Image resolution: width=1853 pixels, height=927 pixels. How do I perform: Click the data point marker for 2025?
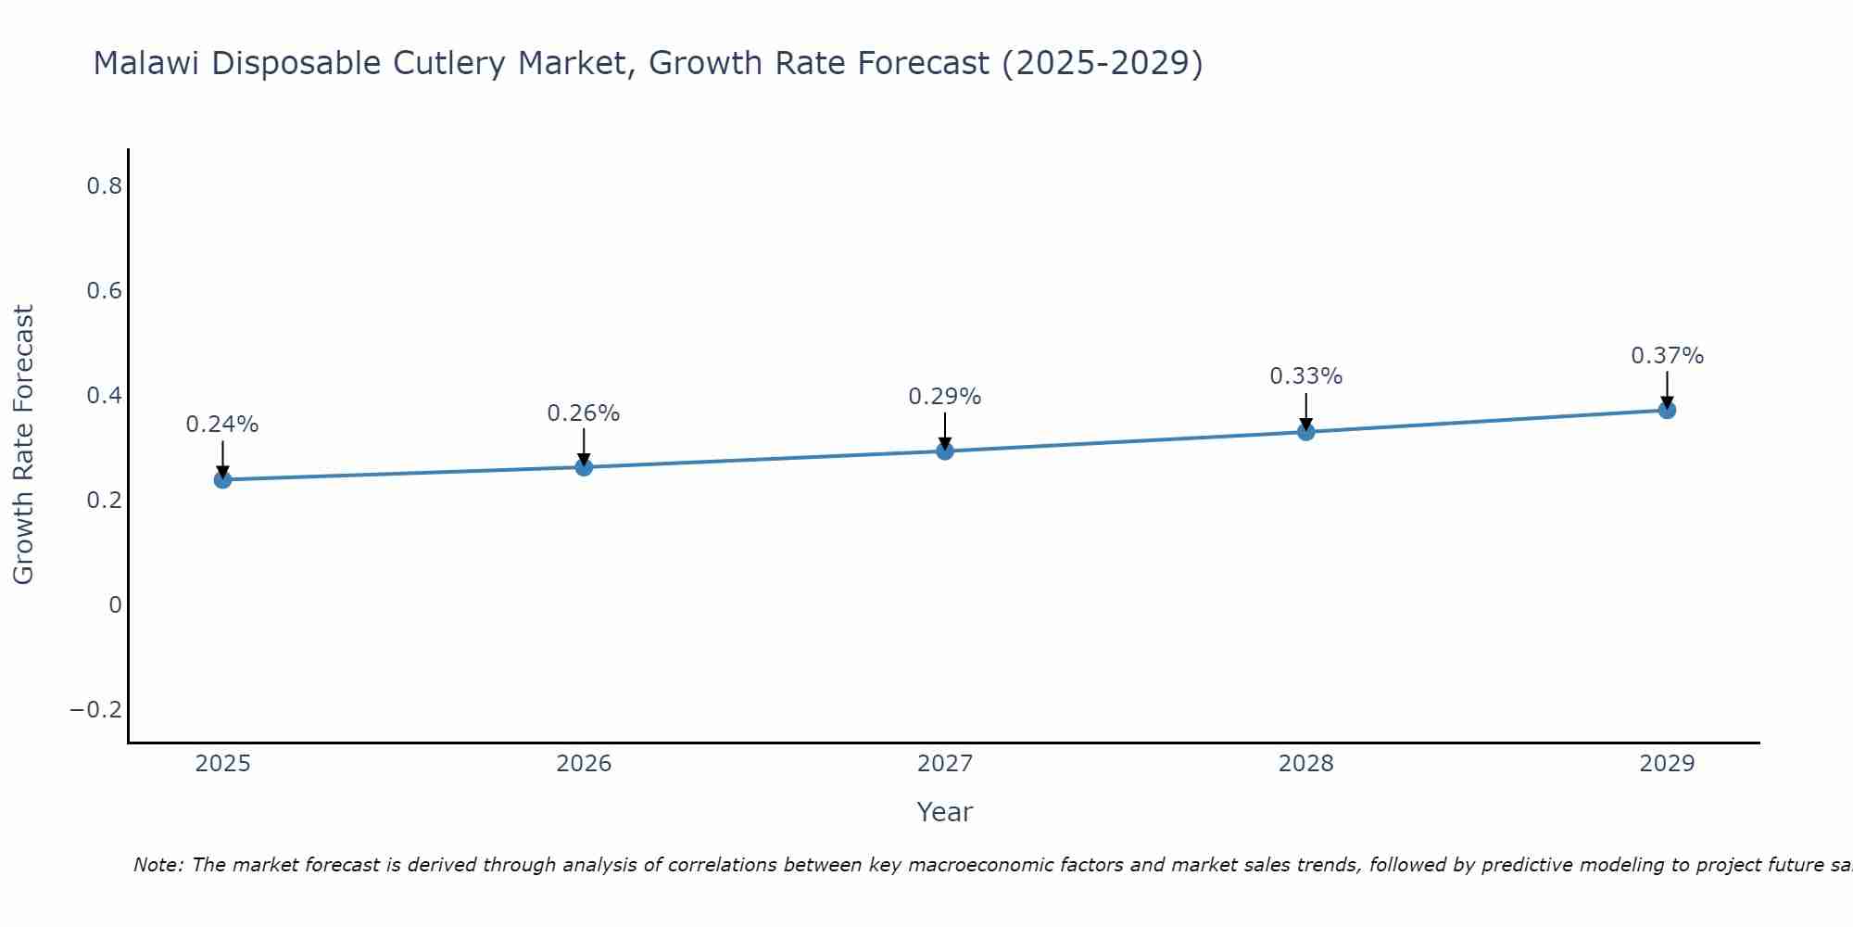(222, 479)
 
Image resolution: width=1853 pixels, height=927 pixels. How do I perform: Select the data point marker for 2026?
(584, 467)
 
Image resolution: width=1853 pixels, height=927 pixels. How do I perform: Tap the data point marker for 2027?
(945, 451)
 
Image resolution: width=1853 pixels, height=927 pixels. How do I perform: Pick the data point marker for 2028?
(1305, 432)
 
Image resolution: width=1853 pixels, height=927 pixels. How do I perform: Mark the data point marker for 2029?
(1667, 410)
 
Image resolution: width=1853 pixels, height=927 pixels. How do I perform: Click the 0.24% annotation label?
(222, 425)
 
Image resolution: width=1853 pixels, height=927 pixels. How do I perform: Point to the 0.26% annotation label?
(584, 413)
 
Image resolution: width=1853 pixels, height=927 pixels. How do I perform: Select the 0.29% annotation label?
(945, 397)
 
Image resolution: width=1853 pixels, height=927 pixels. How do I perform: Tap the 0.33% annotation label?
(1305, 376)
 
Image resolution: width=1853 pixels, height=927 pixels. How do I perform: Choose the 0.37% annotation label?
(1667, 356)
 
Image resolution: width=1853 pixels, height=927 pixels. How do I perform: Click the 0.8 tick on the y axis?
(105, 186)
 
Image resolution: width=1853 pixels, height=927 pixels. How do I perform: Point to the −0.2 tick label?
(96, 710)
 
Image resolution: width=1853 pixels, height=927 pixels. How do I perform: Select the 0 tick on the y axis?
(115, 605)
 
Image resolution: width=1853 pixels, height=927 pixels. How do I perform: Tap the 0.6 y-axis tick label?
(105, 291)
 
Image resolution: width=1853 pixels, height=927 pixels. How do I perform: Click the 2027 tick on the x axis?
(945, 764)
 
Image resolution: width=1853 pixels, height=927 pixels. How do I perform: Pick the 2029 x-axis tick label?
(1667, 764)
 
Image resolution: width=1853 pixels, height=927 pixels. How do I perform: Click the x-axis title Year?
(945, 812)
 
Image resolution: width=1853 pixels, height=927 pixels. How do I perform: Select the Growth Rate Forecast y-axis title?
(24, 445)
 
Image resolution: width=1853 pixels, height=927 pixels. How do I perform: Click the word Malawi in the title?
(147, 64)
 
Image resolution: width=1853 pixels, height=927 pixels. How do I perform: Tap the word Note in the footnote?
(158, 865)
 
